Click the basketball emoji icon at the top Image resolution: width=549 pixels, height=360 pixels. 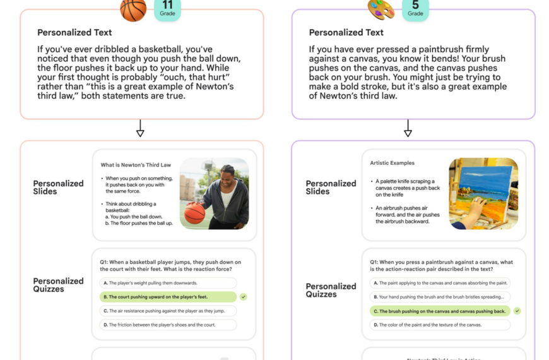click(133, 9)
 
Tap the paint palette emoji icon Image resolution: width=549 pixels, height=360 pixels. click(381, 9)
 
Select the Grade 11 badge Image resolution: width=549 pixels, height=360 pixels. click(167, 9)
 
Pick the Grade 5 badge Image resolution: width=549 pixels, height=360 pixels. click(415, 9)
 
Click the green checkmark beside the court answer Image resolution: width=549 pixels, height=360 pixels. click(244, 296)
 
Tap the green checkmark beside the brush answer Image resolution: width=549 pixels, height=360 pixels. click(517, 311)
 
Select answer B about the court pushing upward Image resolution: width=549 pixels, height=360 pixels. click(168, 297)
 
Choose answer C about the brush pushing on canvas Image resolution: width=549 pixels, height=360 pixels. click(440, 311)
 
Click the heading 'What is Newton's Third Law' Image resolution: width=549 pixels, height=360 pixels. click(136, 165)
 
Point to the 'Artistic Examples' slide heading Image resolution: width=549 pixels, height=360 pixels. click(392, 163)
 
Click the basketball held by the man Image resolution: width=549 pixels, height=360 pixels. click(196, 213)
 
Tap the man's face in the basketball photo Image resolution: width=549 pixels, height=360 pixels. click(227, 174)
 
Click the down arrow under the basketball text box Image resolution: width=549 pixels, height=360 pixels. click(140, 130)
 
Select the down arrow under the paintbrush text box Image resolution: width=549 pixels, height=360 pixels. click(408, 130)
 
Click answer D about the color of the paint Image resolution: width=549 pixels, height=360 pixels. click(440, 325)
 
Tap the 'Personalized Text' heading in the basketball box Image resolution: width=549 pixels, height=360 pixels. click(74, 32)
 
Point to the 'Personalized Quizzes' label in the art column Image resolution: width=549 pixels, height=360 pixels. click(331, 290)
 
